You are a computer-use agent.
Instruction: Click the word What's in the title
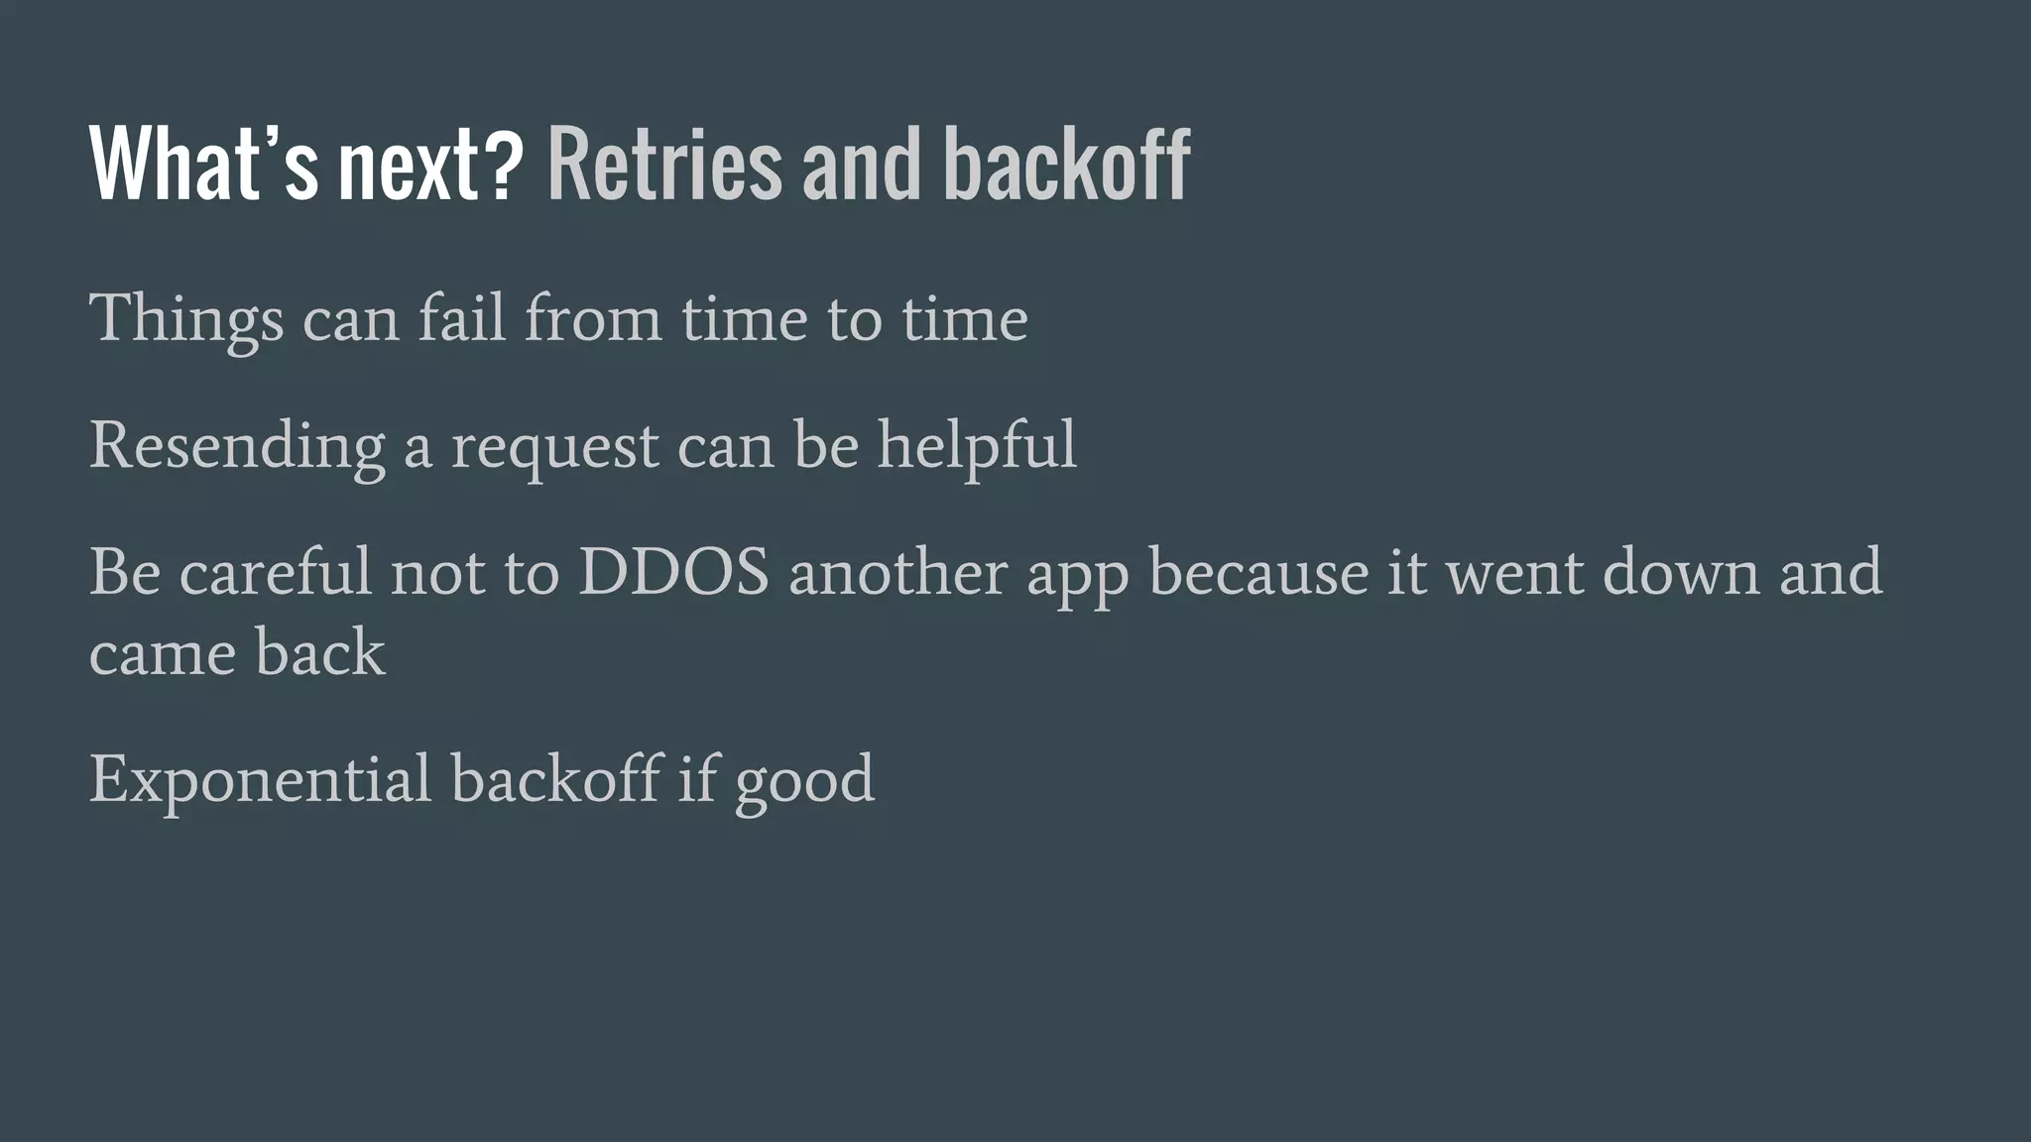[203, 165]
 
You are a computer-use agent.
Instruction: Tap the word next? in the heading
[430, 165]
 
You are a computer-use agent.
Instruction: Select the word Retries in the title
[663, 165]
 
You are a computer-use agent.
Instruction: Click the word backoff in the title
[1066, 165]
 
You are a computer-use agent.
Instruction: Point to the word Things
[186, 319]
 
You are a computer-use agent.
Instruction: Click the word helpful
[977, 446]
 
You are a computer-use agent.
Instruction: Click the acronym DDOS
[673, 572]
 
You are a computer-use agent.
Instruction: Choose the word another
[897, 572]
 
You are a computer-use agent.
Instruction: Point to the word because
[1258, 572]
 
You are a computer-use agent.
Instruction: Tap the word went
[1514, 574]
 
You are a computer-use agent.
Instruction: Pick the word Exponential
[260, 779]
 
